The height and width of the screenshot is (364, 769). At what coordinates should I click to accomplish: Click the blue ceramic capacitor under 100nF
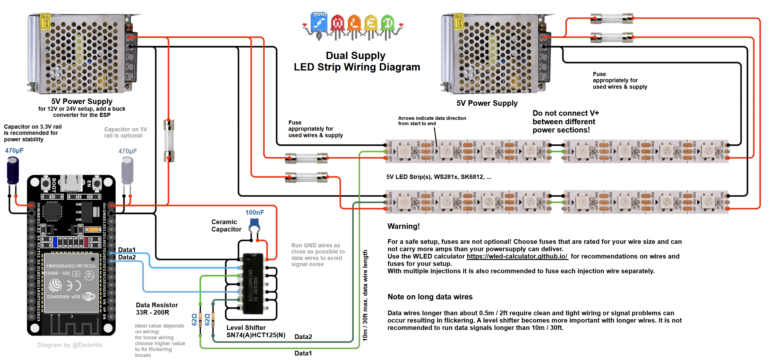tap(254, 223)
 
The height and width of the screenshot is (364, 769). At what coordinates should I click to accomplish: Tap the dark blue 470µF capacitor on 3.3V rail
tap(13, 170)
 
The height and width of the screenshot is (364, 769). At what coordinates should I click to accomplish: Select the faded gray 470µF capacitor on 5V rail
tap(127, 171)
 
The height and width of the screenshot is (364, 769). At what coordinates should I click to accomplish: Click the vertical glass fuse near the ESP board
tap(169, 140)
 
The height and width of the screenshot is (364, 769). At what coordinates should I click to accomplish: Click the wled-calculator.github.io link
tap(517, 256)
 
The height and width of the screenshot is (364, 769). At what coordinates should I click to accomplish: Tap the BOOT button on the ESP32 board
tap(46, 183)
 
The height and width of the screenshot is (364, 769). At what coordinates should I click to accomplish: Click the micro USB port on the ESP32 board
tap(71, 182)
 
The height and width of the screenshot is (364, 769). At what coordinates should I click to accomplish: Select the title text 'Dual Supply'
tap(355, 56)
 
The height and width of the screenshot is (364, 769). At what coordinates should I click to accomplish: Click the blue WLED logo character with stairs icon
tap(319, 23)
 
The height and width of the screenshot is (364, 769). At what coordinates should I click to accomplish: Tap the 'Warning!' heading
tap(403, 226)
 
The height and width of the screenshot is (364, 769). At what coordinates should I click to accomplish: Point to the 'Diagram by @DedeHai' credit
tap(70, 345)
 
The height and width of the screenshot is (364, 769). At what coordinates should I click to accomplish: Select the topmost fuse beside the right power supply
tap(611, 19)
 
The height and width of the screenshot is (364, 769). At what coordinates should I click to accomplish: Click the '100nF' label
tap(254, 213)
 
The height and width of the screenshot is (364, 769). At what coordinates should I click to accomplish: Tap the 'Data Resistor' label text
tap(157, 305)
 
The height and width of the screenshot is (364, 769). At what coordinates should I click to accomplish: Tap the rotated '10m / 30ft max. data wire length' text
tap(365, 295)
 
